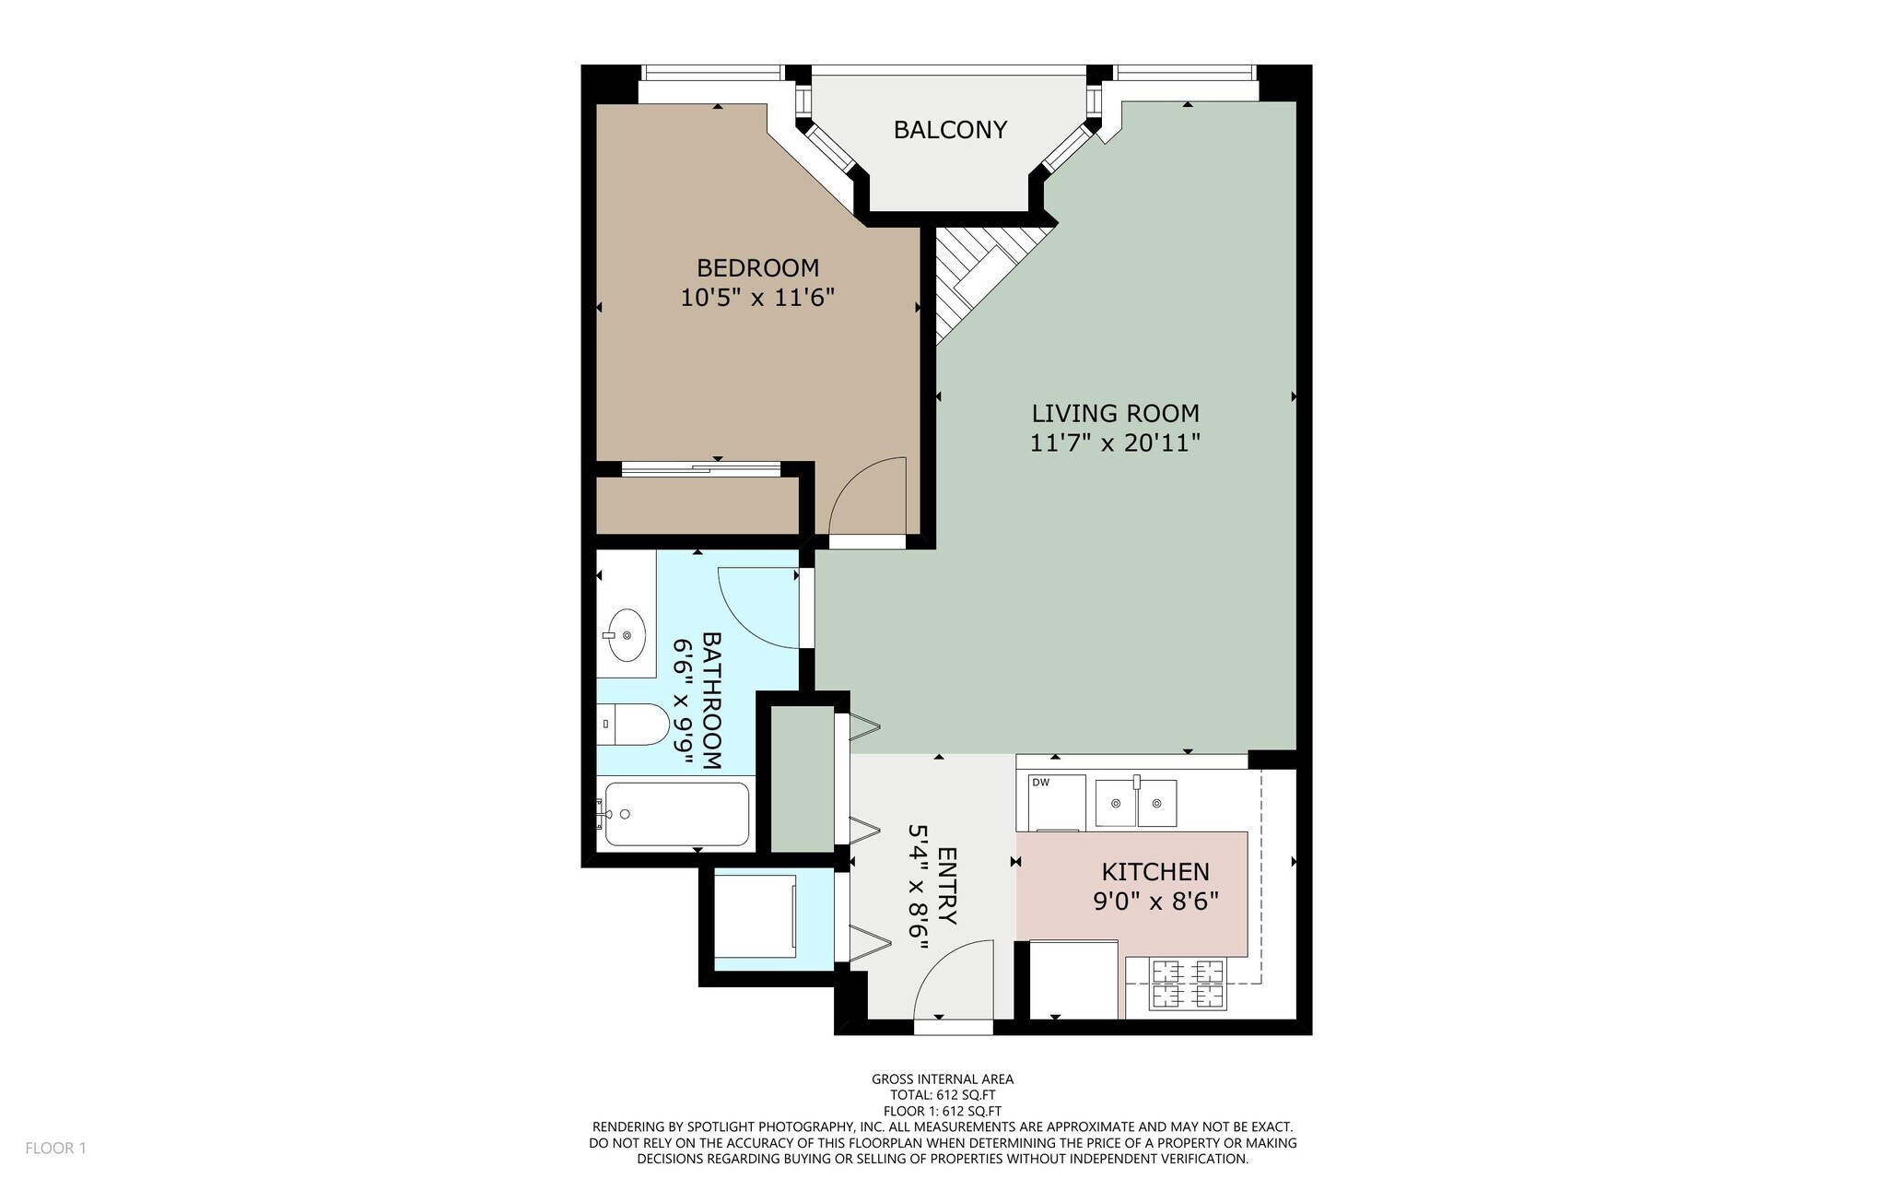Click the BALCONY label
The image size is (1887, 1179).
click(x=950, y=130)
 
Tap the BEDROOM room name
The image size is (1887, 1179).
click(x=757, y=268)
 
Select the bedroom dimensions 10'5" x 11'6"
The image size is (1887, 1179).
click(x=757, y=298)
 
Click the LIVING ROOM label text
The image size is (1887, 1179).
click(x=1115, y=414)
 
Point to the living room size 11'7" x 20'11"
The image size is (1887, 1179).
click(x=1115, y=443)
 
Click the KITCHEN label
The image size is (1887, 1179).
click(x=1155, y=872)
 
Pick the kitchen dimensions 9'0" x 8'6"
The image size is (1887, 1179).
click(x=1155, y=901)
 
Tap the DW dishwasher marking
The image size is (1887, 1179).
click(x=1041, y=783)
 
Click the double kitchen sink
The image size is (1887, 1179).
click(x=1136, y=802)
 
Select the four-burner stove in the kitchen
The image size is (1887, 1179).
click(x=1188, y=984)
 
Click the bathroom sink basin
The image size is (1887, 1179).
click(x=627, y=635)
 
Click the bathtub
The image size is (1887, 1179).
click(x=676, y=814)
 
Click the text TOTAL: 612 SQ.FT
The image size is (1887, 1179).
click(x=943, y=1095)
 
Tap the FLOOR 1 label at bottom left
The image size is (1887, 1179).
click(x=55, y=1149)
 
